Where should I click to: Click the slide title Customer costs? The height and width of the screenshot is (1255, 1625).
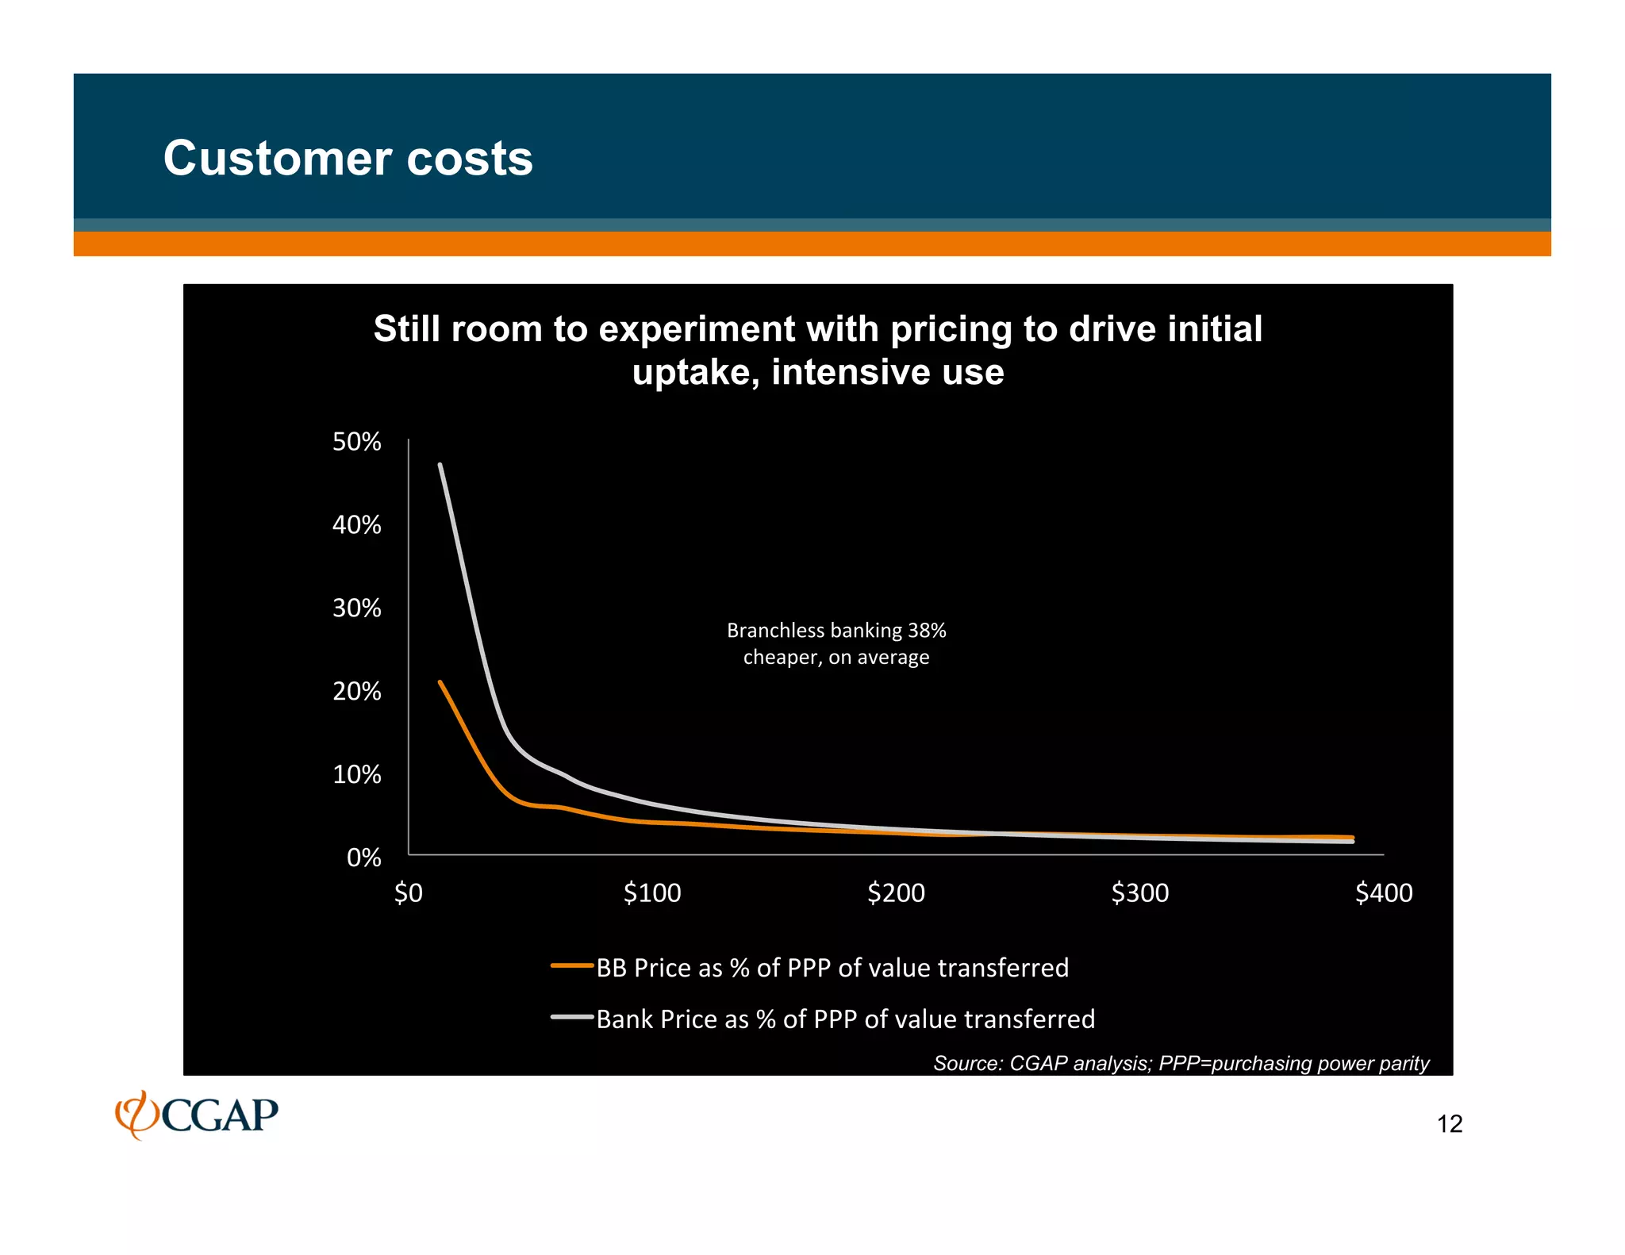[348, 158]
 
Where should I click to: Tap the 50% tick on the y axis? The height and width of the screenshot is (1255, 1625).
[356, 442]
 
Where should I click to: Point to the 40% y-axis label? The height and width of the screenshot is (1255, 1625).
[356, 525]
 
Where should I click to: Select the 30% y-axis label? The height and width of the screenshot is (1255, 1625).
[356, 608]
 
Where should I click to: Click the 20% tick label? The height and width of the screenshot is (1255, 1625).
[356, 692]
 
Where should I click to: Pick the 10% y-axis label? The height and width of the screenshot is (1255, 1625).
[356, 775]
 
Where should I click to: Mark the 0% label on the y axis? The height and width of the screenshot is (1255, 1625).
[363, 858]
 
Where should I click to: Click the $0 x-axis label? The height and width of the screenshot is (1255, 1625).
[409, 893]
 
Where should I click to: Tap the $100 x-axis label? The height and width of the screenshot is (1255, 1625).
[652, 893]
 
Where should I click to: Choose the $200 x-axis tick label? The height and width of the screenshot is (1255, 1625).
[896, 893]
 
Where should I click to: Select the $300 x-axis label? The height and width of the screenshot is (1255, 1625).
[1139, 893]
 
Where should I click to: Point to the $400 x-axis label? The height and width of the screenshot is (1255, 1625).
[1383, 893]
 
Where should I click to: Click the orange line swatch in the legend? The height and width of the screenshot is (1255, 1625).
[572, 966]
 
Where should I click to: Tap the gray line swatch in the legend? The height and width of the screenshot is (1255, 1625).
[572, 1017]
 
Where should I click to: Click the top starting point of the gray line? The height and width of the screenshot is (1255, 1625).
[440, 466]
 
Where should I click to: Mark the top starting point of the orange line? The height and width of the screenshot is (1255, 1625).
[440, 682]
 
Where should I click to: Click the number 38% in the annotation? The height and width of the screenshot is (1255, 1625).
[927, 631]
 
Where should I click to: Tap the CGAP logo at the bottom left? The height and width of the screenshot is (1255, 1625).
[197, 1115]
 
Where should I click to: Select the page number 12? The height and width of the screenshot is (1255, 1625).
[1449, 1124]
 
